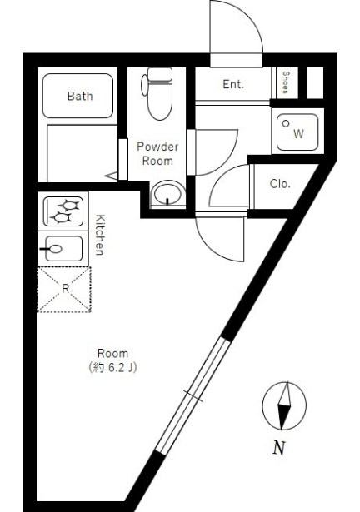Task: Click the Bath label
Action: tap(80, 96)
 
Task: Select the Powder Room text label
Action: tap(157, 153)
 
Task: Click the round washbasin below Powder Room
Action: tap(168, 194)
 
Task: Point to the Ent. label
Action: tap(233, 84)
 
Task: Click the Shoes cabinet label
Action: tap(286, 83)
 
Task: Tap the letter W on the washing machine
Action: tap(298, 133)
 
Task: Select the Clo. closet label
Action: tap(280, 184)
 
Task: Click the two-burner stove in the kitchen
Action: tap(63, 211)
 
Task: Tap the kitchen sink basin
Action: tap(64, 249)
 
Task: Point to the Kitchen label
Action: tap(100, 235)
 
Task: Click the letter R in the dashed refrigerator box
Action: tap(65, 289)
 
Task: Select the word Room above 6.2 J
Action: tap(112, 353)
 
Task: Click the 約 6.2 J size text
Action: tap(112, 368)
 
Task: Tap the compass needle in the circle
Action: tap(284, 405)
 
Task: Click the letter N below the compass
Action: tap(279, 448)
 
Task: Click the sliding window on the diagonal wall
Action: tap(192, 395)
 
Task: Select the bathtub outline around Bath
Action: tap(77, 96)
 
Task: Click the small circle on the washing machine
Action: tap(286, 124)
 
